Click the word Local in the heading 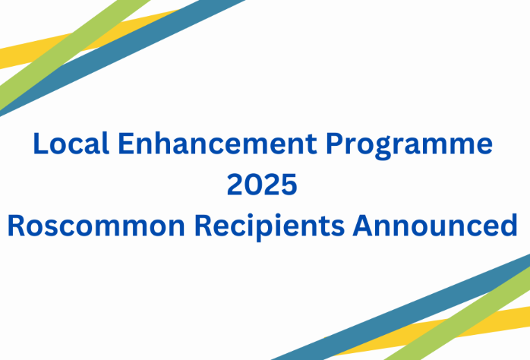[x=71, y=144]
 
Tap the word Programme [x=409, y=146]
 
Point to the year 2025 [x=262, y=185]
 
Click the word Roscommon [x=96, y=226]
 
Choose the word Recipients [x=270, y=227]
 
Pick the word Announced [x=435, y=225]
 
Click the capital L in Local [x=39, y=144]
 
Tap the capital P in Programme [x=335, y=144]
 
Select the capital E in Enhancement [x=126, y=144]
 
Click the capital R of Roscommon [x=17, y=226]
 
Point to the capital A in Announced [x=363, y=226]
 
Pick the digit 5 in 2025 [x=289, y=185]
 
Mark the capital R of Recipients [x=203, y=226]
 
